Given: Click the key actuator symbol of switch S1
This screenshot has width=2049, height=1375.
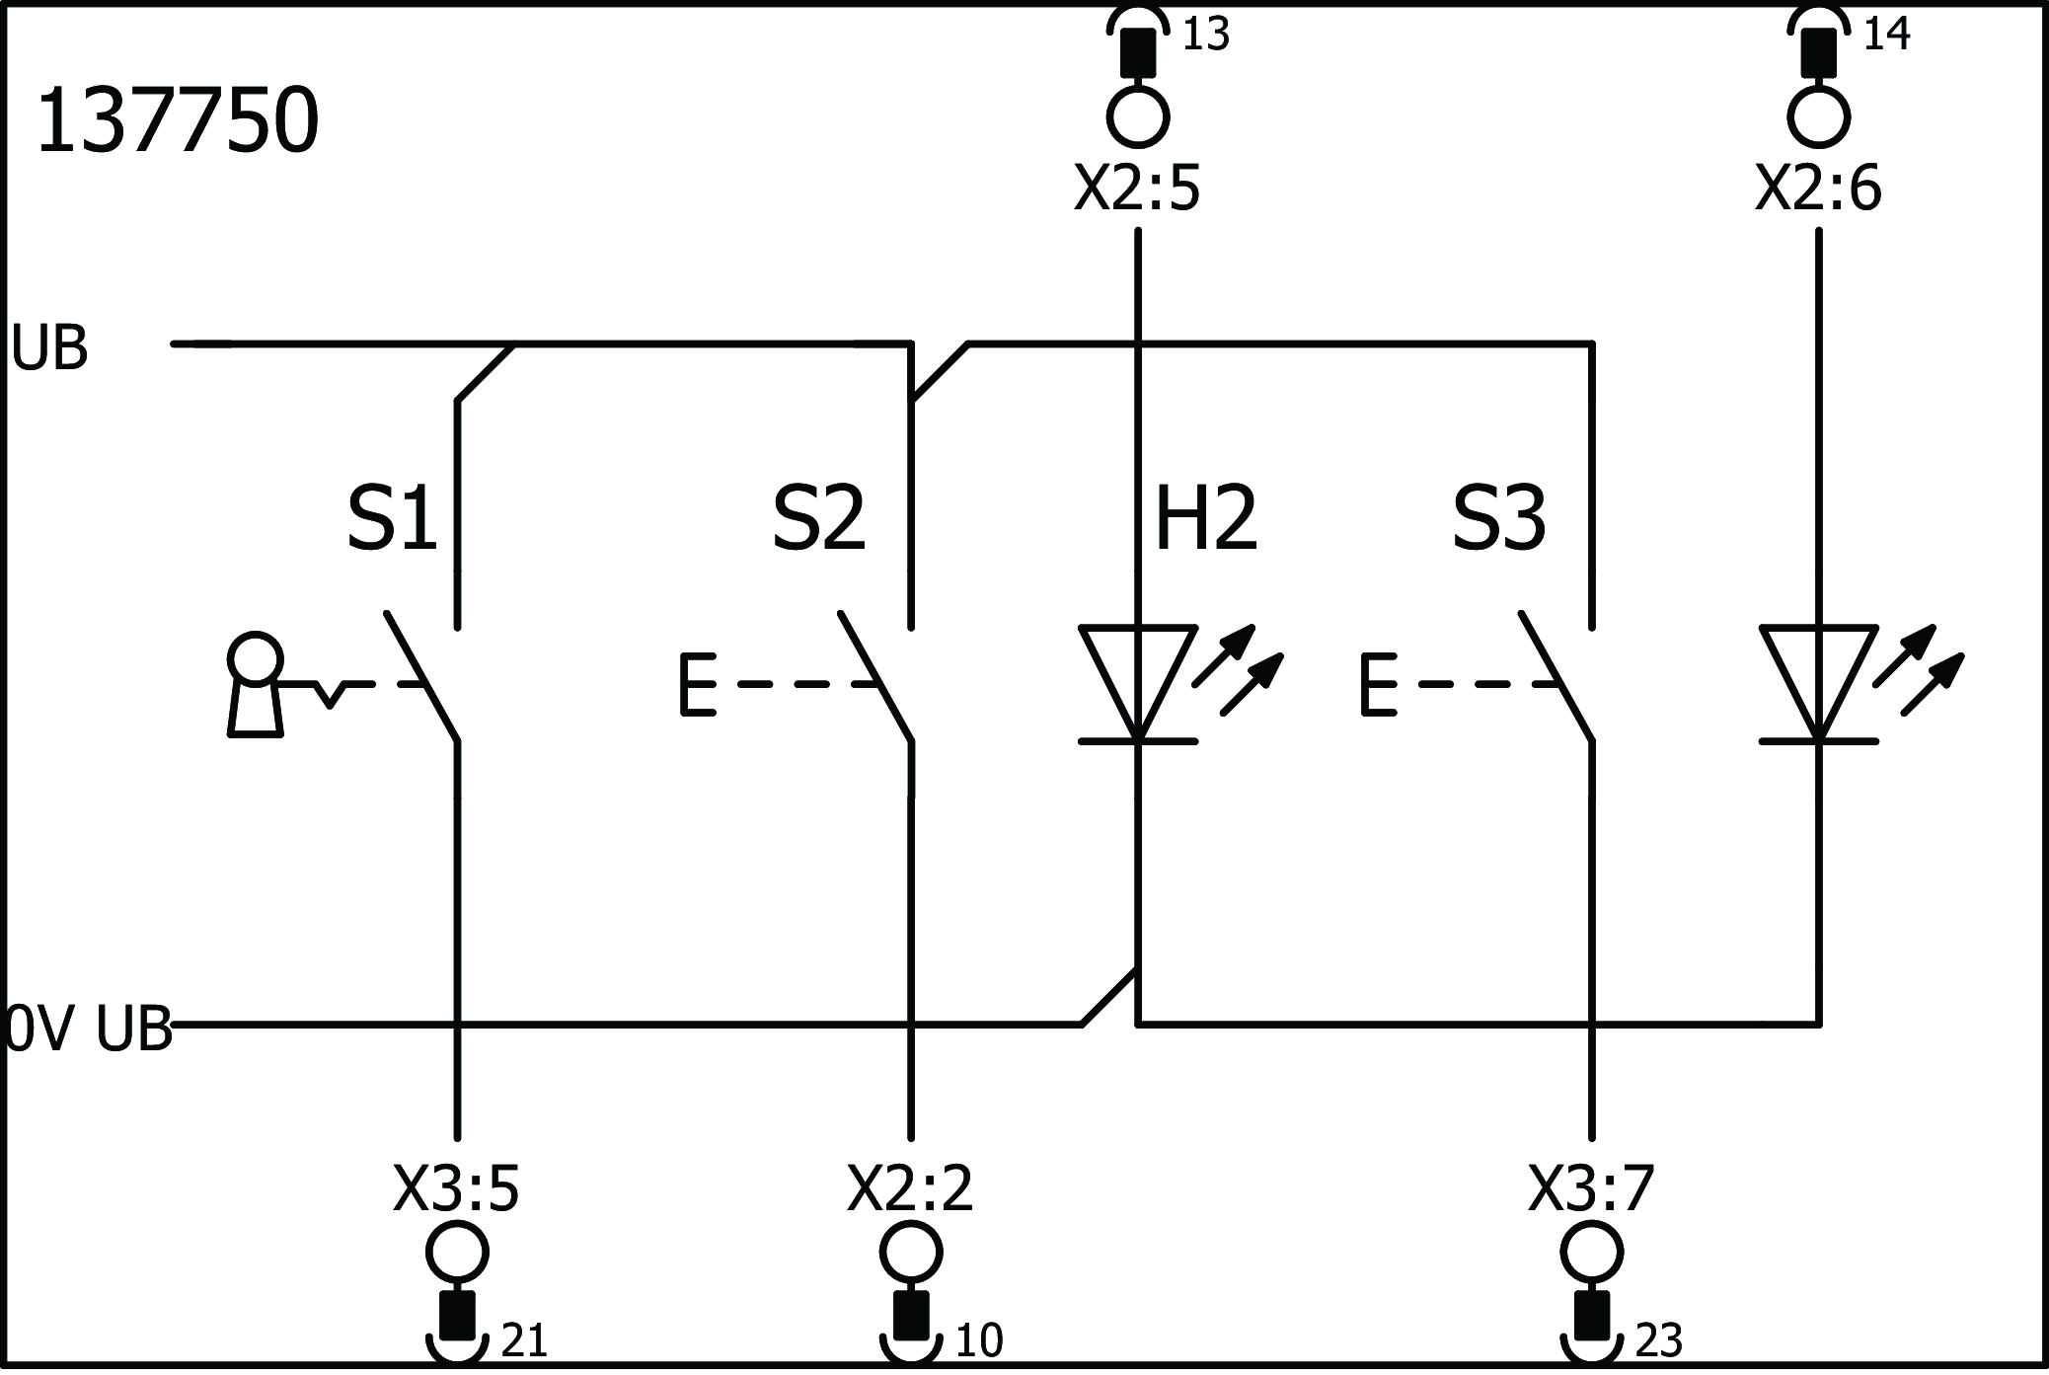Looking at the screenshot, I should tap(256, 684).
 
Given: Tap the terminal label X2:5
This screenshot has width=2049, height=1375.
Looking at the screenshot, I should tap(1137, 189).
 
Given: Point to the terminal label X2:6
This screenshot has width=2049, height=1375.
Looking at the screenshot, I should tap(1818, 189).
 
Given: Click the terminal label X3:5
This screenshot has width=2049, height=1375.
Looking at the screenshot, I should tap(456, 1189).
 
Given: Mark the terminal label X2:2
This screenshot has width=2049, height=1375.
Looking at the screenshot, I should tap(910, 1189).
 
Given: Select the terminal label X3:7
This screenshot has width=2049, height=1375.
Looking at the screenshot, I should tap(1591, 1189).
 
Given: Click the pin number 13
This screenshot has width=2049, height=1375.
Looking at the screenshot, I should tap(1205, 36).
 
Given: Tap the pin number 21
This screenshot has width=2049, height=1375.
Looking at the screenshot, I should tap(524, 1340).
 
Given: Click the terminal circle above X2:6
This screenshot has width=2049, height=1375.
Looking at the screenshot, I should tap(1818, 116).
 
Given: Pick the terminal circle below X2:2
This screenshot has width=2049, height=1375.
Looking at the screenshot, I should tap(910, 1252).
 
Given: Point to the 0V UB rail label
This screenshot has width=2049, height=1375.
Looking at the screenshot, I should tap(89, 1029).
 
